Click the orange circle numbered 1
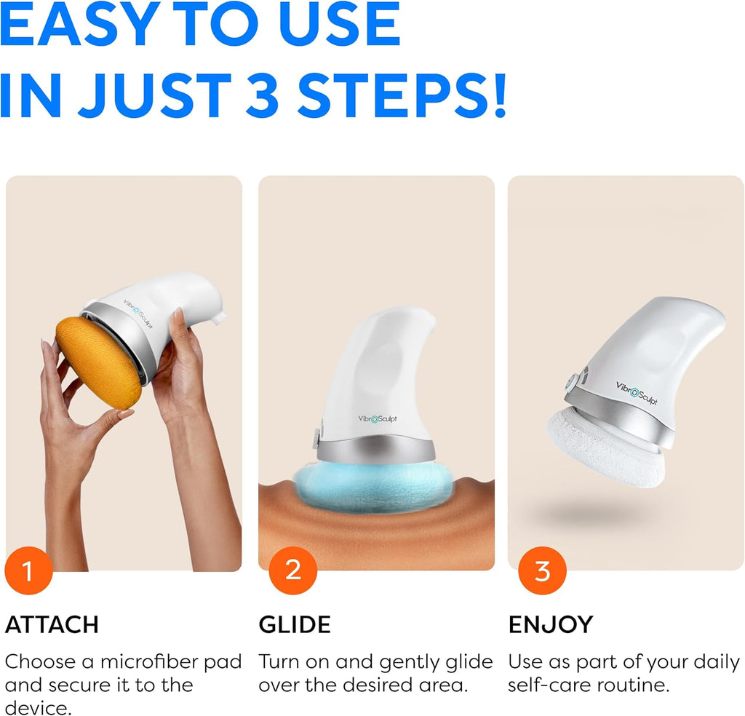click(29, 571)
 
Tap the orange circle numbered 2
click(292, 570)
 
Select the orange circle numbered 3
click(542, 571)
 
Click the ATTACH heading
click(52, 624)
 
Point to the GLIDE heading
click(295, 624)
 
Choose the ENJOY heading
click(550, 624)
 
